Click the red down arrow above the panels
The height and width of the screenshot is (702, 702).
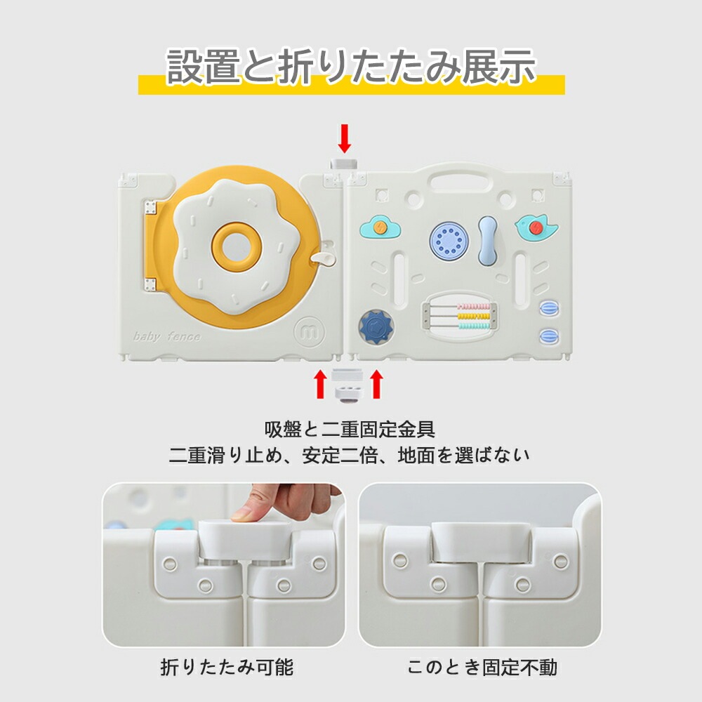tap(344, 139)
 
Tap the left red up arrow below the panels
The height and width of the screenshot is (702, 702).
tap(320, 384)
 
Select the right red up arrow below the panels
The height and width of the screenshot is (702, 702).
tap(377, 384)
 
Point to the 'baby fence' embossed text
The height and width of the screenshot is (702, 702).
tap(166, 336)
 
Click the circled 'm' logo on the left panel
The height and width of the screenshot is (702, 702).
tap(310, 331)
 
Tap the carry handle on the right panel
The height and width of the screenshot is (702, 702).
tap(459, 178)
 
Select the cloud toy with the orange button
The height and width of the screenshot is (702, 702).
tap(380, 227)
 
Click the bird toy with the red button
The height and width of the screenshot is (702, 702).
tap(536, 227)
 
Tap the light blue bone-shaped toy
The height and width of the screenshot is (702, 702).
tap(488, 240)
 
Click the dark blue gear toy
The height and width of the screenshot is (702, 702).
tap(376, 326)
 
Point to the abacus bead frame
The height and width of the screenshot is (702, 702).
tap(459, 316)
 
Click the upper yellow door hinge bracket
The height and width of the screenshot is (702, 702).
tap(150, 208)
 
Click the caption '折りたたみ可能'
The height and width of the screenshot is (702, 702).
tap(227, 667)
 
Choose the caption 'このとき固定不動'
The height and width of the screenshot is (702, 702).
tap(482, 667)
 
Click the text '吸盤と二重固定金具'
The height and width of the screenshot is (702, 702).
tap(349, 430)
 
